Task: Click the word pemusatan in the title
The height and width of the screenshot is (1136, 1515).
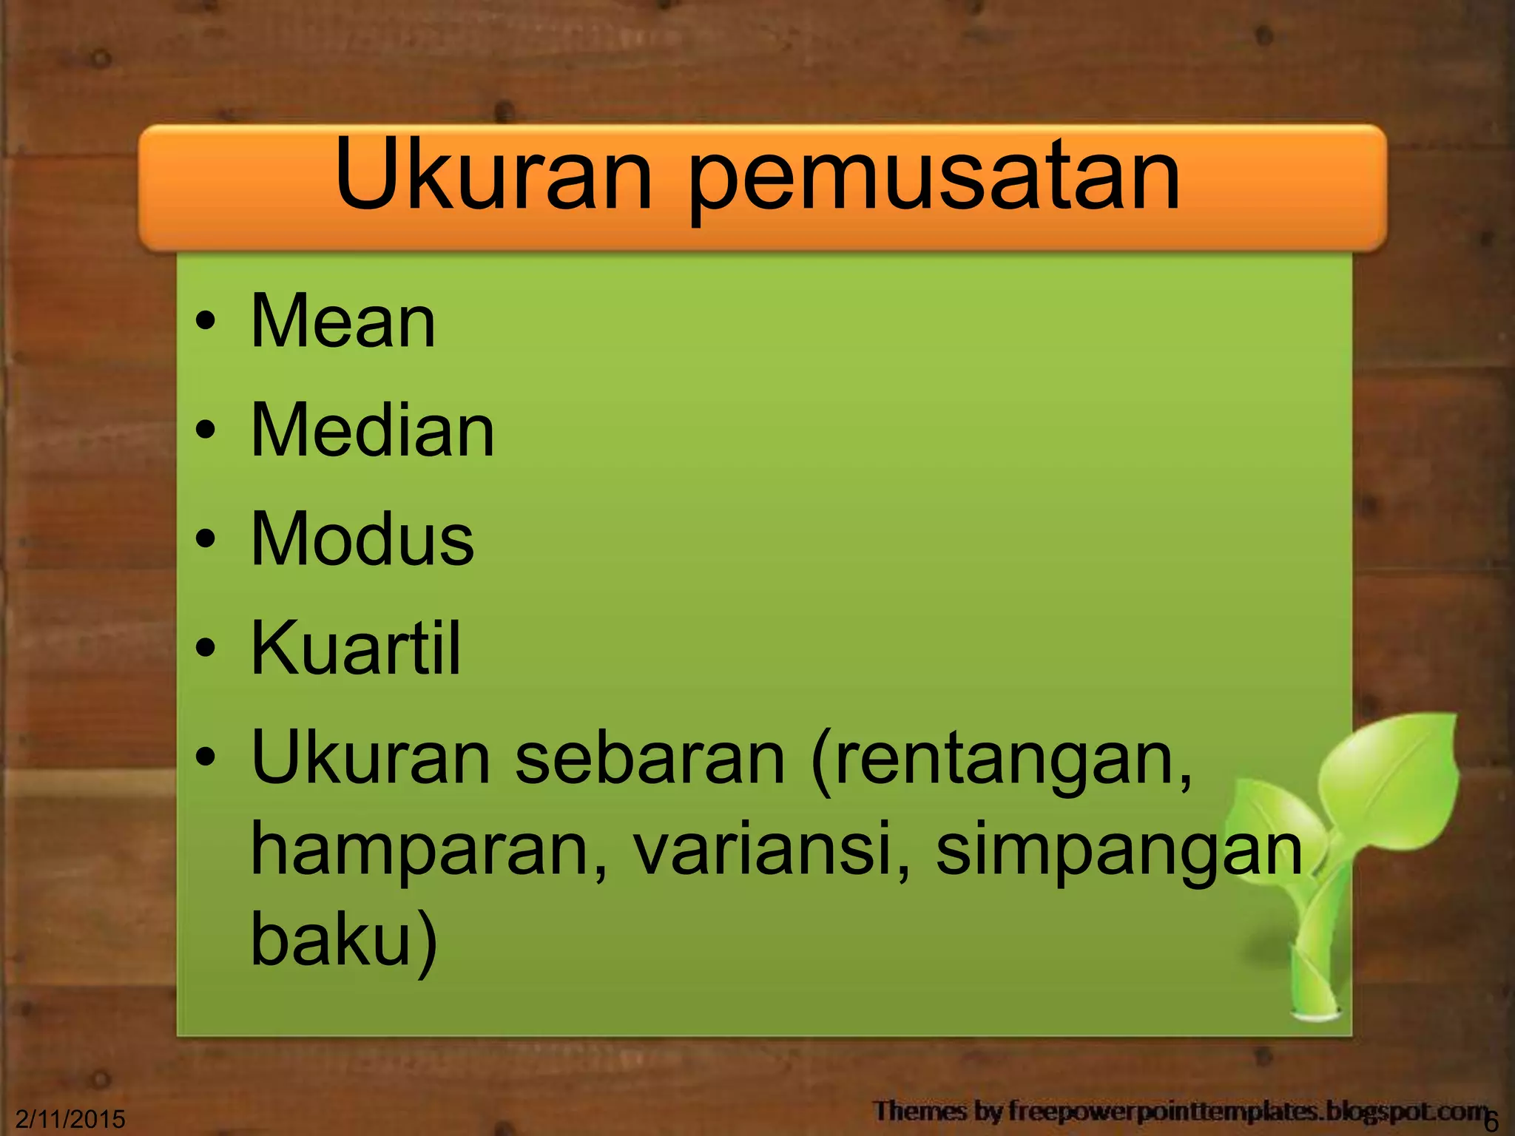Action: coord(934,182)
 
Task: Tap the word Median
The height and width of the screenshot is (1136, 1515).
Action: coord(372,430)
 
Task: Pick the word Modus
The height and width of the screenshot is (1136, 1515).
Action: coord(362,538)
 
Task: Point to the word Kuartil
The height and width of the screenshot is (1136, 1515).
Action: coord(356,648)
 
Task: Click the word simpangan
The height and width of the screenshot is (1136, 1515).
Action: coord(1118,853)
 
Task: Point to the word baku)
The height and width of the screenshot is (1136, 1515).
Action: coord(344,939)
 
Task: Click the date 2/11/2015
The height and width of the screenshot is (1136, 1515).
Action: coord(70,1119)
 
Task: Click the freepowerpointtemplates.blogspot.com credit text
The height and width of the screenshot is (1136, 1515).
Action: coord(1179,1111)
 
